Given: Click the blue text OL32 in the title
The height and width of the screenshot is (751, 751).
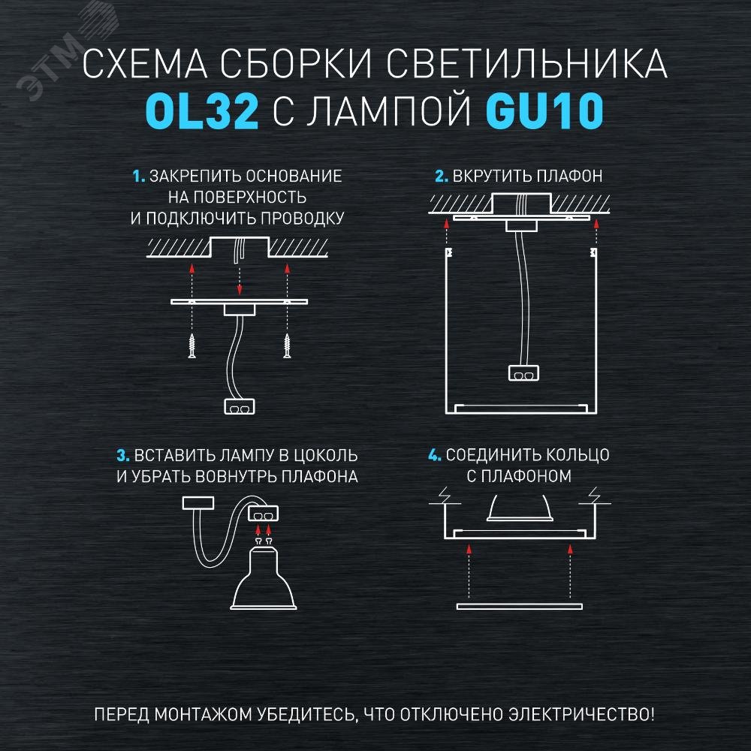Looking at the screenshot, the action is click(201, 111).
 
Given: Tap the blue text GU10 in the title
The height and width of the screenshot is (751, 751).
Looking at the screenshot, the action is click(544, 111).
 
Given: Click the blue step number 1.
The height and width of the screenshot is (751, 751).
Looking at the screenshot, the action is click(138, 176).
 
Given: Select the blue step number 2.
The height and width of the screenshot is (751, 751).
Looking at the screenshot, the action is click(441, 176).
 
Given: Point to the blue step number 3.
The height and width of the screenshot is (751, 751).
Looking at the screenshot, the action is click(123, 456).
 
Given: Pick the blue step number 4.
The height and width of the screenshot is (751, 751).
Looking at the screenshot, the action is click(434, 455).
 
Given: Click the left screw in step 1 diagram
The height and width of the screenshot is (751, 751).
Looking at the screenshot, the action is click(192, 345).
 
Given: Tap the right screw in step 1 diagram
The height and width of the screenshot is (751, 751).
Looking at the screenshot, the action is click(288, 345).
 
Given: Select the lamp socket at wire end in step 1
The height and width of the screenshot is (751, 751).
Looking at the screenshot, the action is click(240, 406).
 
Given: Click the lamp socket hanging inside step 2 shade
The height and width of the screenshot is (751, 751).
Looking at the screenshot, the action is click(523, 373).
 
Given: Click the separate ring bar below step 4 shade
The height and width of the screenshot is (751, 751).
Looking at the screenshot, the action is click(520, 606).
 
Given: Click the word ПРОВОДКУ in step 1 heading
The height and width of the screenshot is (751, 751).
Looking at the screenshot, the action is click(302, 219).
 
